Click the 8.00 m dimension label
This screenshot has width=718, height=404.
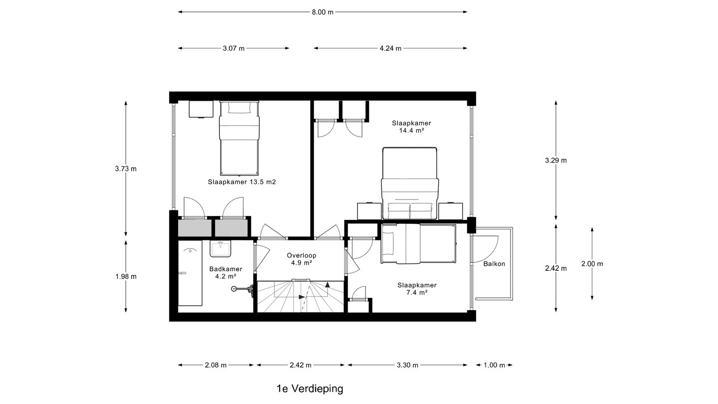323,12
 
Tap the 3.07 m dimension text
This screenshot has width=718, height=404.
233,48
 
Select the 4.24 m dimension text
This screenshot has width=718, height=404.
390,48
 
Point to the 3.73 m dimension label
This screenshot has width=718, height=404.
126,169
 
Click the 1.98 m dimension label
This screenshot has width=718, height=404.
126,276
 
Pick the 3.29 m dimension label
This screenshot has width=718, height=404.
556,160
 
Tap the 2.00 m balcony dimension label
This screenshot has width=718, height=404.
592,263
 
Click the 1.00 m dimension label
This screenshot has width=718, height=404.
494,365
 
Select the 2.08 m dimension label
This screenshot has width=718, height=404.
215,365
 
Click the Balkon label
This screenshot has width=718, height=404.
494,263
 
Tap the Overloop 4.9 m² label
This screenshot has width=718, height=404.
302,258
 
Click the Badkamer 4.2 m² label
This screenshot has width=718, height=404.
225,272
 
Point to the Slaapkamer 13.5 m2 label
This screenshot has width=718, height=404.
242,182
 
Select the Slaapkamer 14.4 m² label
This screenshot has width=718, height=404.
411,127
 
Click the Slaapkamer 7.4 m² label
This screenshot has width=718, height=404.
417,289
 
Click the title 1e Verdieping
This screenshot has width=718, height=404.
310,389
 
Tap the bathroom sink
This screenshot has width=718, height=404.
219,248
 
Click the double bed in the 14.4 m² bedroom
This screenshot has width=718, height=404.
409,184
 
